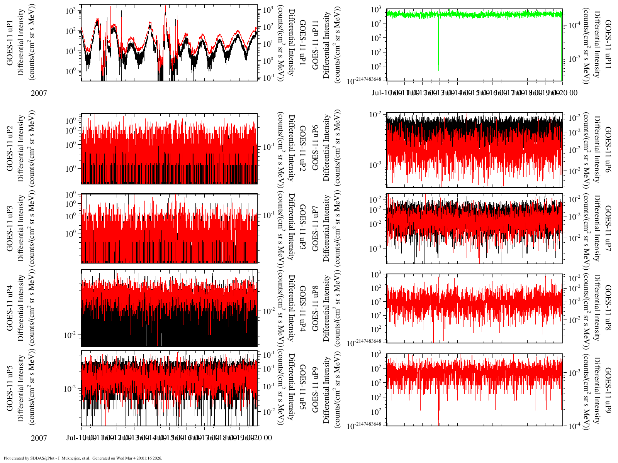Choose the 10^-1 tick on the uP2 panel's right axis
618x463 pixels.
point(269,147)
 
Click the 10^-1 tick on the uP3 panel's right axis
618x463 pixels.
point(269,215)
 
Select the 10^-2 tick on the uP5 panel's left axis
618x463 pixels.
point(70,389)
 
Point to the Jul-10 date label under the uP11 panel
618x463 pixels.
point(381,93)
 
